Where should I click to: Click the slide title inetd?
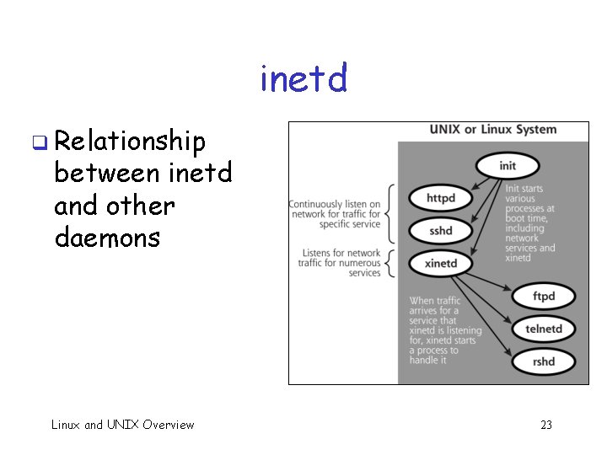coord(303,79)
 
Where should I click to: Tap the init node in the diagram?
coord(508,165)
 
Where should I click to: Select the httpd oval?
coord(441,199)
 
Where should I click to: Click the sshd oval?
coord(441,230)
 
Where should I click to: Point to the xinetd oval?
coord(441,263)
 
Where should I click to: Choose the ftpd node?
coord(544,296)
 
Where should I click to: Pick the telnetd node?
coord(544,329)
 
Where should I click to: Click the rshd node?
coord(544,361)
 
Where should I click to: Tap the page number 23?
coord(545,425)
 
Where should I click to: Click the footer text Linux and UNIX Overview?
coord(122,425)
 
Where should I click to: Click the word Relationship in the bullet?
coord(130,142)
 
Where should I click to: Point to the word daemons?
coord(107,238)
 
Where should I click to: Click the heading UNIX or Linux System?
coord(493,130)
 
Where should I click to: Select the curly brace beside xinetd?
coord(391,262)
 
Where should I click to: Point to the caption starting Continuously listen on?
coord(335,214)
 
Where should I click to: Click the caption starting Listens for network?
coord(340,263)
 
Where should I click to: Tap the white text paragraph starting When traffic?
coord(445,330)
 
